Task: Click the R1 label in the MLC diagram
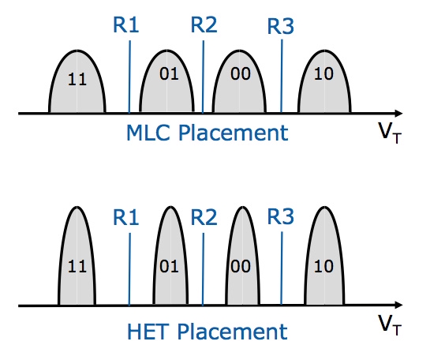click(126, 24)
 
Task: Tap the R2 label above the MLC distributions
click(204, 24)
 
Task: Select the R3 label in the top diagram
click(281, 26)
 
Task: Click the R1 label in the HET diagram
click(126, 217)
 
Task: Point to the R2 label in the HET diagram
click(204, 217)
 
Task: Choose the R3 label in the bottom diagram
click(281, 216)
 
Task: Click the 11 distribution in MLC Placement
click(77, 82)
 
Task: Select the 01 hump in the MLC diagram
click(166, 81)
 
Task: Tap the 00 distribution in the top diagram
click(239, 81)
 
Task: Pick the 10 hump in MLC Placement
click(324, 81)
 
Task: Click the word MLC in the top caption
click(149, 133)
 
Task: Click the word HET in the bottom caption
click(147, 332)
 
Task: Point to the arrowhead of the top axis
click(398, 113)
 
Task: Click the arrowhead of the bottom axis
click(398, 305)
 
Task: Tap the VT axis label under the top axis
click(390, 133)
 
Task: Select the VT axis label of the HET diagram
click(390, 325)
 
